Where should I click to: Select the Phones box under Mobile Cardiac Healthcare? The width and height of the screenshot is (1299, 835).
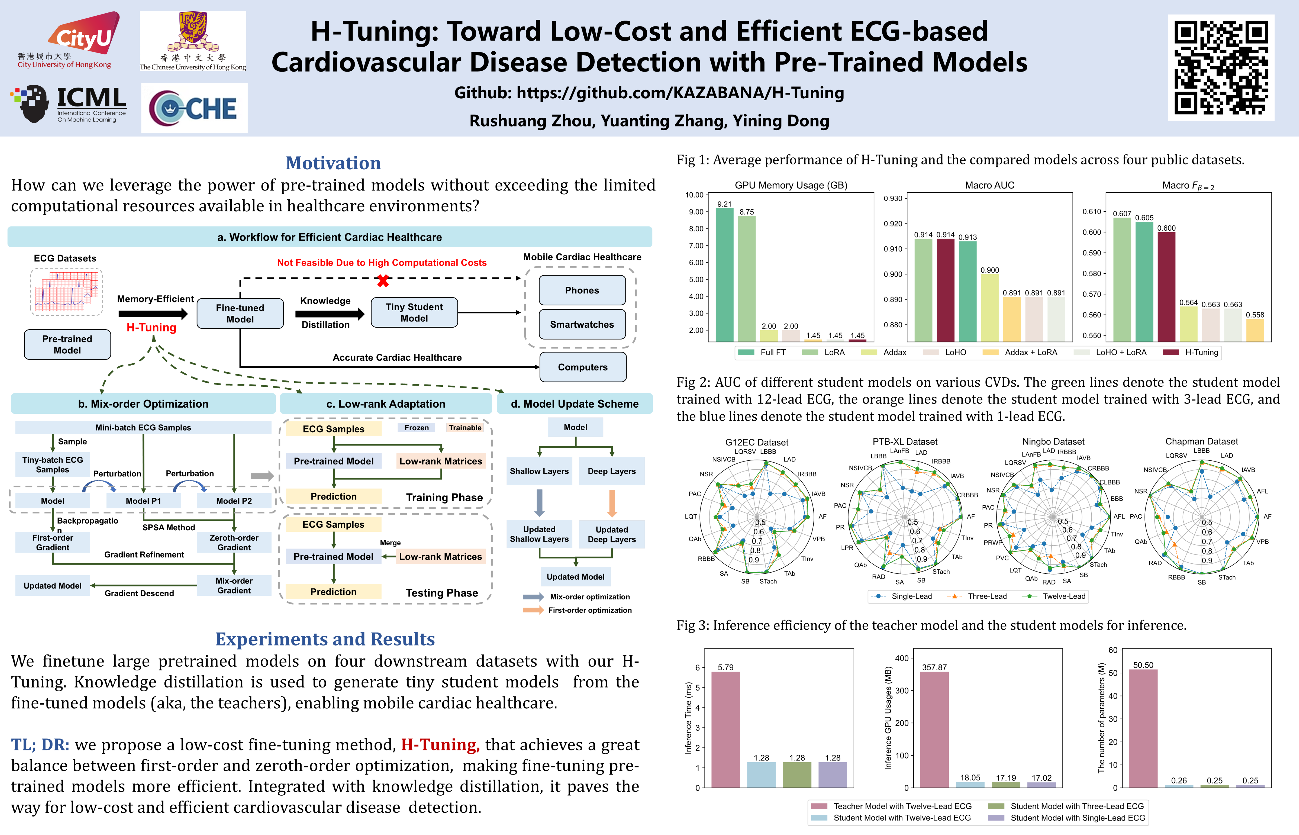pos(582,290)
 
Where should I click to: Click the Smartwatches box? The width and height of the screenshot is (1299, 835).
pos(582,324)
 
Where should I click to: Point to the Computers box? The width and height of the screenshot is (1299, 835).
pos(583,367)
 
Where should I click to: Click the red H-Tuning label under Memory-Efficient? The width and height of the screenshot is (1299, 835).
pos(151,328)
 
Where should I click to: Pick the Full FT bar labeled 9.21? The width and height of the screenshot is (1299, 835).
pos(724,274)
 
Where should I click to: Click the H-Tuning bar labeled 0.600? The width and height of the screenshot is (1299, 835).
pos(1166,286)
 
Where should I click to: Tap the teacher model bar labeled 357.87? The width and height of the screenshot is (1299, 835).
pos(934,729)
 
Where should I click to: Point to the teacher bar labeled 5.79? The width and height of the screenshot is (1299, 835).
pos(725,729)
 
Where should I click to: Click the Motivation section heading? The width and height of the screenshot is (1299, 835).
pos(333,163)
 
